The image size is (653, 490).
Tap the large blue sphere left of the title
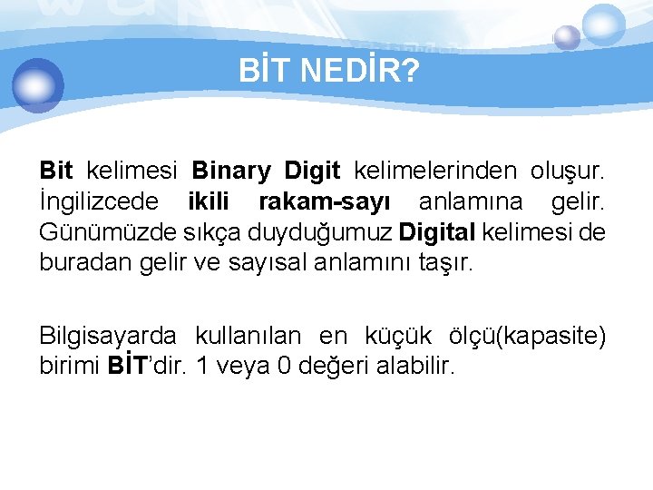[38, 84]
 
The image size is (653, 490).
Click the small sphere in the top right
[567, 37]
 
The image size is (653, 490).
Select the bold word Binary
[231, 170]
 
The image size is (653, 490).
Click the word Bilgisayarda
[108, 336]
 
